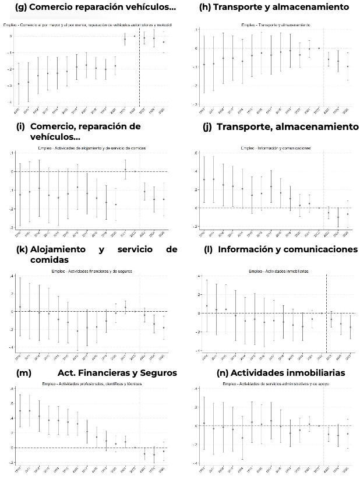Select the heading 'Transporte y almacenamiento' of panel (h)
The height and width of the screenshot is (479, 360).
click(x=281, y=7)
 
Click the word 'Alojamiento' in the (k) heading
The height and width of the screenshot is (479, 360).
click(x=61, y=249)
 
